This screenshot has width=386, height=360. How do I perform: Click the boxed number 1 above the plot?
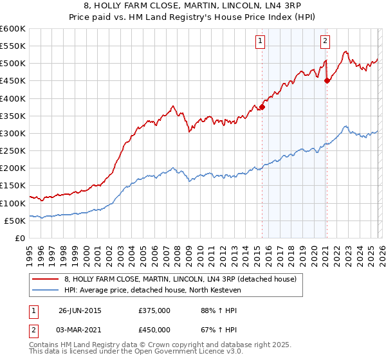(x=260, y=41)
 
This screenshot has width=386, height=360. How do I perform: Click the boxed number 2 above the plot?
(x=325, y=41)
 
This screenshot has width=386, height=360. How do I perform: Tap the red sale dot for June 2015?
(x=262, y=107)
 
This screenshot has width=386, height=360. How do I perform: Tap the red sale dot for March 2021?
(x=327, y=81)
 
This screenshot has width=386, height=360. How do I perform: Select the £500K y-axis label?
(x=14, y=64)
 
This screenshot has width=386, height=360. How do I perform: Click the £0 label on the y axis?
(x=20, y=238)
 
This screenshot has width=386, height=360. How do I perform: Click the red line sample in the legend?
(x=46, y=279)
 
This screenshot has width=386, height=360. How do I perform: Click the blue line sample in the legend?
(x=46, y=290)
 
